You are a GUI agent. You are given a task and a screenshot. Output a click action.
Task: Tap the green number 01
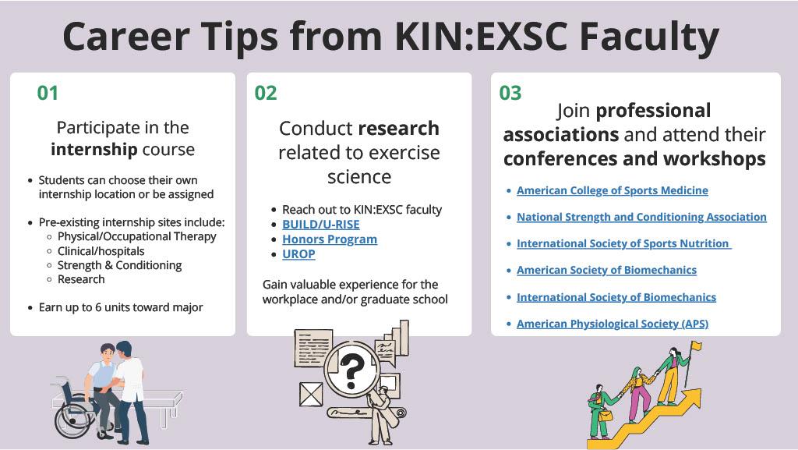[48, 94]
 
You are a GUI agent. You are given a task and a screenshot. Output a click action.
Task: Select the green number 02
[266, 94]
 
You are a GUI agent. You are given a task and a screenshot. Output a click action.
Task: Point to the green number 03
[510, 94]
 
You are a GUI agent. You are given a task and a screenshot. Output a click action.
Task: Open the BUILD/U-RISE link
[320, 225]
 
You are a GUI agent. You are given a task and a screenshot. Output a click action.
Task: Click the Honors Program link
[329, 239]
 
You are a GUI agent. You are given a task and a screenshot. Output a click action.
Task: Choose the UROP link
[298, 254]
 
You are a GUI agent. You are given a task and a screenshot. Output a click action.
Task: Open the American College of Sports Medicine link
[612, 190]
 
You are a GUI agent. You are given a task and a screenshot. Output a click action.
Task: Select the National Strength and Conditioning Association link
[641, 217]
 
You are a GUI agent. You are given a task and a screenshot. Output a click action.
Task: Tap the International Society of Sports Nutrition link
[623, 244]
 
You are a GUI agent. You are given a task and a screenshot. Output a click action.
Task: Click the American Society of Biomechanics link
[606, 271]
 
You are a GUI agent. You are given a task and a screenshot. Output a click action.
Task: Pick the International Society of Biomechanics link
[616, 297]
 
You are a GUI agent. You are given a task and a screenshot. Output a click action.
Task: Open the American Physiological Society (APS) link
[612, 324]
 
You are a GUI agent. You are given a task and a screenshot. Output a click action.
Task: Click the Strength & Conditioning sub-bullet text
[119, 265]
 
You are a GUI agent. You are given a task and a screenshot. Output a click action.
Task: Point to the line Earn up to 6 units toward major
[121, 307]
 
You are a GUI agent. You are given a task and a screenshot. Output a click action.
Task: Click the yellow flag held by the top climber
[696, 346]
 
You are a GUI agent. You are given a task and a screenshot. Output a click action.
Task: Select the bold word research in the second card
[398, 129]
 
